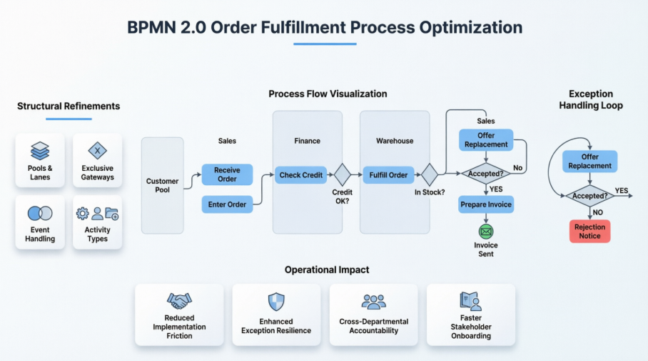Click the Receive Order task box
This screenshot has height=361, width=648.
227,174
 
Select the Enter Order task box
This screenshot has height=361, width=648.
227,204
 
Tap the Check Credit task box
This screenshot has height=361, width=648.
301,175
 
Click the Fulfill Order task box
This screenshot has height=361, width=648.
388,175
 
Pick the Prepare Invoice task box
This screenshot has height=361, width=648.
486,204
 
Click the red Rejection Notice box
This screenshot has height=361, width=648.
589,232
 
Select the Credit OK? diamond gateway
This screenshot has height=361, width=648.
342,174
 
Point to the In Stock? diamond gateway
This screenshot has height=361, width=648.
430,174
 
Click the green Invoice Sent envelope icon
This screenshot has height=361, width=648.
486,232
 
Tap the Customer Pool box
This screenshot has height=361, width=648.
163,185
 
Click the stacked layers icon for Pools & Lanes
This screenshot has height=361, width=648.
40,151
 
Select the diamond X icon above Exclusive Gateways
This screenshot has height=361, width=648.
98,151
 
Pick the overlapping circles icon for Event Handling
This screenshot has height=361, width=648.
40,214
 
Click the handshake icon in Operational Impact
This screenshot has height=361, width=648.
179,301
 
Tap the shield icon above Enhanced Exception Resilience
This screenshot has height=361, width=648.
276,302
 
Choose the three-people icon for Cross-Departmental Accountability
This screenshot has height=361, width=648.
373,302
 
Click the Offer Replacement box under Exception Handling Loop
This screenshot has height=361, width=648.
589,162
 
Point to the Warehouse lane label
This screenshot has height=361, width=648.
395,141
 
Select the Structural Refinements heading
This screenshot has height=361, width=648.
69,107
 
